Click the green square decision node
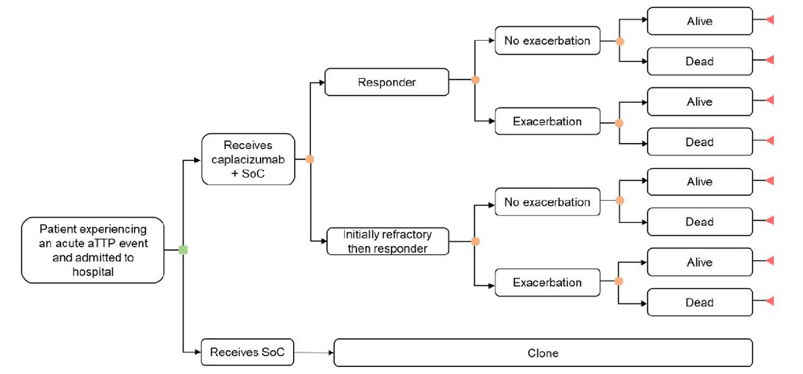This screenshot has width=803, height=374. click(x=183, y=250)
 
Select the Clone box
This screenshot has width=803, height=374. click(x=543, y=353)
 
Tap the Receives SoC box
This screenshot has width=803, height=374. click(x=247, y=352)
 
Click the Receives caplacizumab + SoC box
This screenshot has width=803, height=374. click(x=248, y=159)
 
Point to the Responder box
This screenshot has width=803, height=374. click(x=387, y=82)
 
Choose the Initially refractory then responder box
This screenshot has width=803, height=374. click(x=388, y=241)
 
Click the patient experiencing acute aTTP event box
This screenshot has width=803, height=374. click(x=93, y=250)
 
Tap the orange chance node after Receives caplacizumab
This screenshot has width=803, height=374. click(x=310, y=159)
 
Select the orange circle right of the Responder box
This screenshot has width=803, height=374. click(x=476, y=80)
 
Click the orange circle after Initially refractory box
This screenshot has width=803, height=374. click(x=476, y=241)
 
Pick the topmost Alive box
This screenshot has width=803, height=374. click(x=699, y=21)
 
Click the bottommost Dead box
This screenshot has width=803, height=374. click(x=699, y=302)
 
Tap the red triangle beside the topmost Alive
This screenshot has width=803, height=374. click(x=770, y=20)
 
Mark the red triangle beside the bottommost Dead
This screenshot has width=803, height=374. click(x=770, y=301)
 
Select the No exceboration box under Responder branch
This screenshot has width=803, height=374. click(x=547, y=41)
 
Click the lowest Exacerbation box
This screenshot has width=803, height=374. click(x=547, y=282)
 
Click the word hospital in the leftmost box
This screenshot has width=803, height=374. click(x=93, y=272)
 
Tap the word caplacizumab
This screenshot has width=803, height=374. click(x=248, y=160)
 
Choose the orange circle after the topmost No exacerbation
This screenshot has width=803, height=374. click(x=620, y=41)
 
